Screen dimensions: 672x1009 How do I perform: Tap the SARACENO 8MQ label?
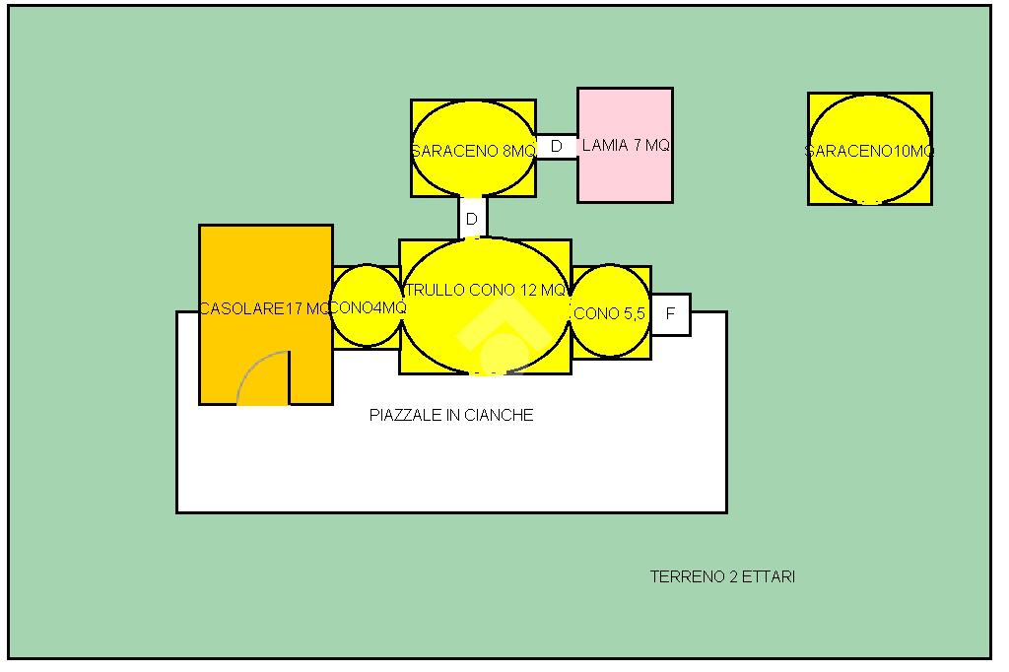point(473,151)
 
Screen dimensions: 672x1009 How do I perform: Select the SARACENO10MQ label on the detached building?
point(869,151)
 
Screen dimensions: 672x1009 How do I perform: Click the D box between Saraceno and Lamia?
point(557,146)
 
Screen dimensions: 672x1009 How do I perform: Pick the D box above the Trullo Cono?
point(472,219)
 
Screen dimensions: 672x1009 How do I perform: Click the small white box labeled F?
point(671,314)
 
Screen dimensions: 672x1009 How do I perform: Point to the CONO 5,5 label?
point(610,314)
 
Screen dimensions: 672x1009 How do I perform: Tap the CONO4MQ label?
point(367,306)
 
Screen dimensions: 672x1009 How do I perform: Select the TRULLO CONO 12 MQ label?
point(485,291)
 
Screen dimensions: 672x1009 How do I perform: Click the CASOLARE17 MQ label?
point(265,308)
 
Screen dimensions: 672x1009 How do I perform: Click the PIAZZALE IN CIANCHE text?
point(451,416)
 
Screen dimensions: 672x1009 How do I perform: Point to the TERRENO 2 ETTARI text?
point(722,577)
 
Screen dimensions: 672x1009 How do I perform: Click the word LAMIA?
point(605,146)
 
